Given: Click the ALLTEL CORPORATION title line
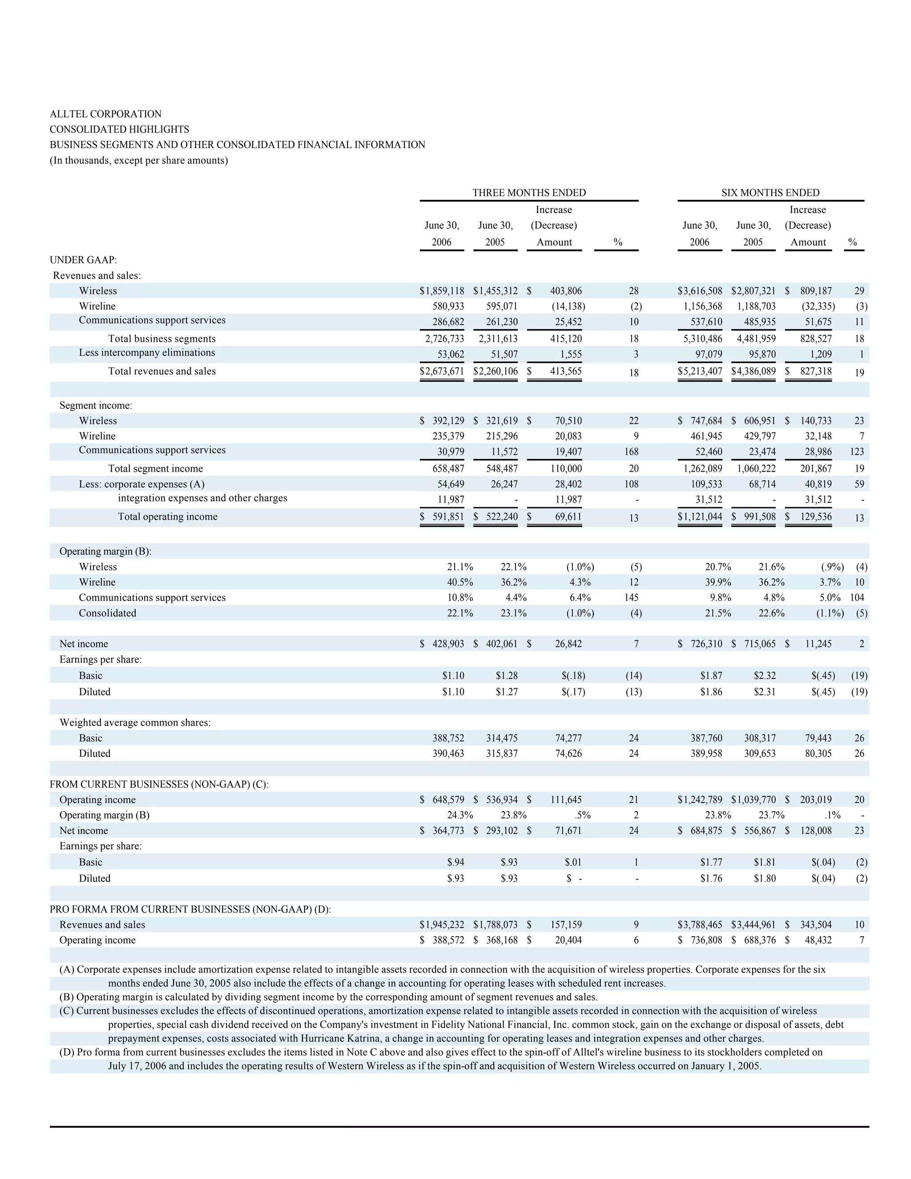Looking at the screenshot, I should coord(105,114).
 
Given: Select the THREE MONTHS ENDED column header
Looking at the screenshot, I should coord(529,193).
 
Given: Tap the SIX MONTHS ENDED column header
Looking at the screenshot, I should coord(770,193).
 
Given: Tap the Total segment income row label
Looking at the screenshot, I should coord(155,468).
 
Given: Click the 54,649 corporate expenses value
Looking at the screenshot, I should coord(451,484).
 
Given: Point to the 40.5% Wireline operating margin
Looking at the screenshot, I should coord(460,582).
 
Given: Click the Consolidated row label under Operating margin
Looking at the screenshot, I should coord(107,613).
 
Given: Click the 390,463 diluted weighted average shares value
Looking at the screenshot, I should coord(448,754).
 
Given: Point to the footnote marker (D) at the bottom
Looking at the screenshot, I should coord(68,1052).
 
